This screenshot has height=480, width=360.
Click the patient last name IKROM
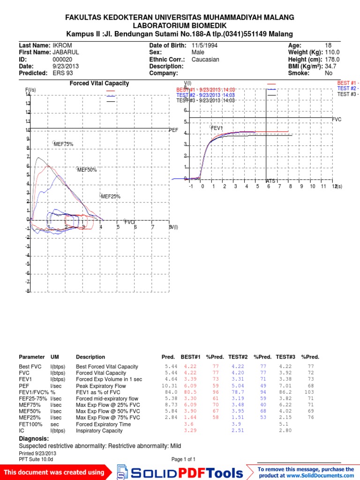[x=62, y=45]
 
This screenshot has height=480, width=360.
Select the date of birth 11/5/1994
[x=204, y=45]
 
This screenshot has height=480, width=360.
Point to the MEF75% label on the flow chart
[x=64, y=144]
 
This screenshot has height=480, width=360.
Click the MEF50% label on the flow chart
[x=87, y=170]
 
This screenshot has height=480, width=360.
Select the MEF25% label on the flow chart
[x=111, y=197]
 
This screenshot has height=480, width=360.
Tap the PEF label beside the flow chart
[x=173, y=130]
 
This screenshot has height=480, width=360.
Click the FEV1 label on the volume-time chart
[x=217, y=128]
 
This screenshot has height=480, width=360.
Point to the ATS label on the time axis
[x=270, y=181]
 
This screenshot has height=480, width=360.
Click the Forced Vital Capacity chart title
[x=99, y=83]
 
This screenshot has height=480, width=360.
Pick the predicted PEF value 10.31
[x=170, y=385]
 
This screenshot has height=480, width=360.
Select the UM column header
[x=55, y=357]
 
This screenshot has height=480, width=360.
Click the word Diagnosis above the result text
[x=34, y=439]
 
